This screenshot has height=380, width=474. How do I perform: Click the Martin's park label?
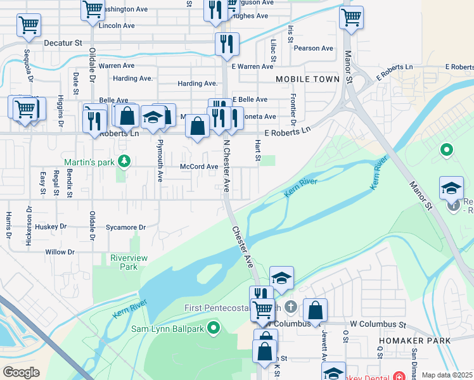89,162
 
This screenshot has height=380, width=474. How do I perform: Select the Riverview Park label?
129,262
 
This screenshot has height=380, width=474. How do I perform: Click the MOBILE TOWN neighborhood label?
308,79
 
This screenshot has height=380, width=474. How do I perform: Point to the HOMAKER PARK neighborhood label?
415,341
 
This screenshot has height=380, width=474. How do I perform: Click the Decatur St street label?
63,43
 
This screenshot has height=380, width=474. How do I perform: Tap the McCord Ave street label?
199,167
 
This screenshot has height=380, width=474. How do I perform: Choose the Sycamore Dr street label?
125,227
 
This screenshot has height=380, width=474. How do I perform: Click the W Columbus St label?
377,324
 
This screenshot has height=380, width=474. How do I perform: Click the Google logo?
21,372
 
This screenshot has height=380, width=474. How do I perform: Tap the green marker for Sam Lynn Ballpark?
214,327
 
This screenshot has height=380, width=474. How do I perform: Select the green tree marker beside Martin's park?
124,161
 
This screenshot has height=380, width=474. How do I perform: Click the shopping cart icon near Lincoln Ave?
93,9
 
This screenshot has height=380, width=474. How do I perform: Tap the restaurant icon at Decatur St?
225,43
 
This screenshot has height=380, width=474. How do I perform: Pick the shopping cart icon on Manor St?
351,16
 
